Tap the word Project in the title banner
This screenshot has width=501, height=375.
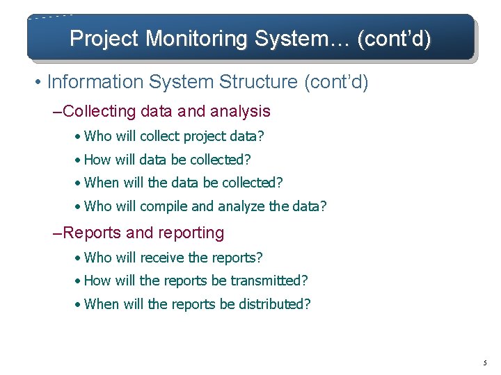point(104,39)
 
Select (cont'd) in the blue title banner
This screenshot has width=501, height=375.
point(393,39)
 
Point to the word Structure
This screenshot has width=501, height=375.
point(258,82)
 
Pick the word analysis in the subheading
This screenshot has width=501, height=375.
point(239,111)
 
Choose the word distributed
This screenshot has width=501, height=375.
point(273,304)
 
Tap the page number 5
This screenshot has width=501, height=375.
point(484,362)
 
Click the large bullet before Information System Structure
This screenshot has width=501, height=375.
point(38,83)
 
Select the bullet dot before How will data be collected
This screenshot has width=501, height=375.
point(79,160)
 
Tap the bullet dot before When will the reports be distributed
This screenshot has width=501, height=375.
point(79,304)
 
